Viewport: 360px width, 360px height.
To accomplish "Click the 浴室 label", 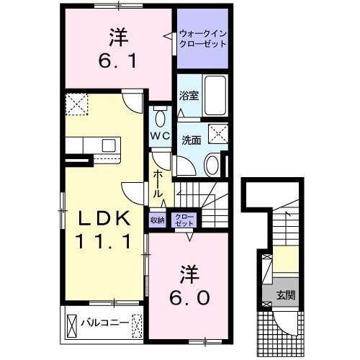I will pyautogui.click(x=188, y=94).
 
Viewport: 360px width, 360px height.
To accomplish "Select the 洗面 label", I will pyautogui.click(x=191, y=141).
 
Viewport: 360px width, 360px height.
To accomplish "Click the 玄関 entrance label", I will pyautogui.click(x=287, y=294).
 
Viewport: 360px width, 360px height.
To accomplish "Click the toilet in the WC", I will pyautogui.click(x=160, y=117).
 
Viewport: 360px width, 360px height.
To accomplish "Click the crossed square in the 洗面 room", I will pyautogui.click(x=217, y=134).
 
